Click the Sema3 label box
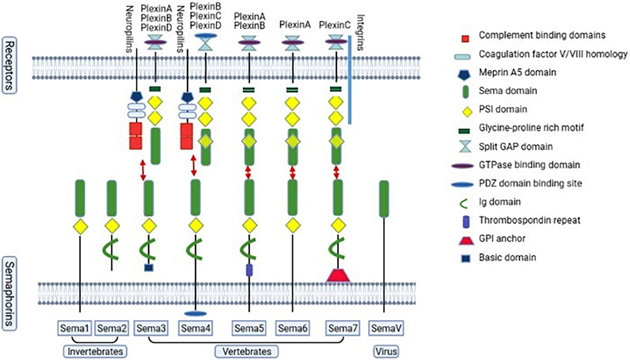pyautogui.click(x=151, y=328)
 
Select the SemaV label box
pyautogui.click(x=386, y=328)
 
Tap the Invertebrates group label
pyautogui.click(x=95, y=351)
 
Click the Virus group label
pyautogui.click(x=386, y=351)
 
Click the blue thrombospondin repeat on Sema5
pyautogui.click(x=249, y=270)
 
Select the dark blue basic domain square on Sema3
pyautogui.click(x=149, y=268)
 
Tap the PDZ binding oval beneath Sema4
pyautogui.click(x=195, y=314)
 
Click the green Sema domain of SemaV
pyautogui.click(x=384, y=199)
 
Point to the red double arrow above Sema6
pyautogui.click(x=293, y=173)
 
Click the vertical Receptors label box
pyautogui.click(x=9, y=65)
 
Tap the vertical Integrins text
pyautogui.click(x=361, y=32)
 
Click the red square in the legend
pyautogui.click(x=465, y=39)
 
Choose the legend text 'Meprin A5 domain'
pyautogui.click(x=517, y=72)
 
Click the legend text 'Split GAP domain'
pyautogui.click(x=515, y=147)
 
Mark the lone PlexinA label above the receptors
pyautogui.click(x=295, y=25)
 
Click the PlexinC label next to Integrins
pyautogui.click(x=334, y=25)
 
